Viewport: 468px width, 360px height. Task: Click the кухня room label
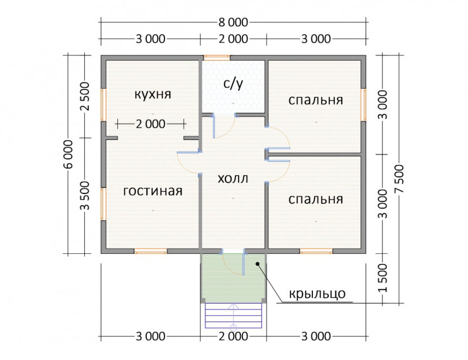(152, 95)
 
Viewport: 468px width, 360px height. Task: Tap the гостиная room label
(152, 191)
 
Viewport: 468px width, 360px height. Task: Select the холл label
(232, 178)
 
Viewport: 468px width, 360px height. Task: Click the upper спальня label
(316, 100)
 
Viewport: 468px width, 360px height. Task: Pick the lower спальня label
(316, 199)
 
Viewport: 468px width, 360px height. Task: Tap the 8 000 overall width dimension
(232, 22)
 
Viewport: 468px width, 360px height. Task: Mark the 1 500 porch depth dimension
(382, 279)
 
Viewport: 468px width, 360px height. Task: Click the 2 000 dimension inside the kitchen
(150, 124)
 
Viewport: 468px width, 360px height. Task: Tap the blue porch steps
(233, 315)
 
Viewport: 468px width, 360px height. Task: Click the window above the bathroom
(216, 57)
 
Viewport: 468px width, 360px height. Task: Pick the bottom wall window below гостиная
(150, 251)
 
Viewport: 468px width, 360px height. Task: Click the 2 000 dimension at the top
(232, 39)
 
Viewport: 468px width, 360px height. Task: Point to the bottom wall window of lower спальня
(316, 251)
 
